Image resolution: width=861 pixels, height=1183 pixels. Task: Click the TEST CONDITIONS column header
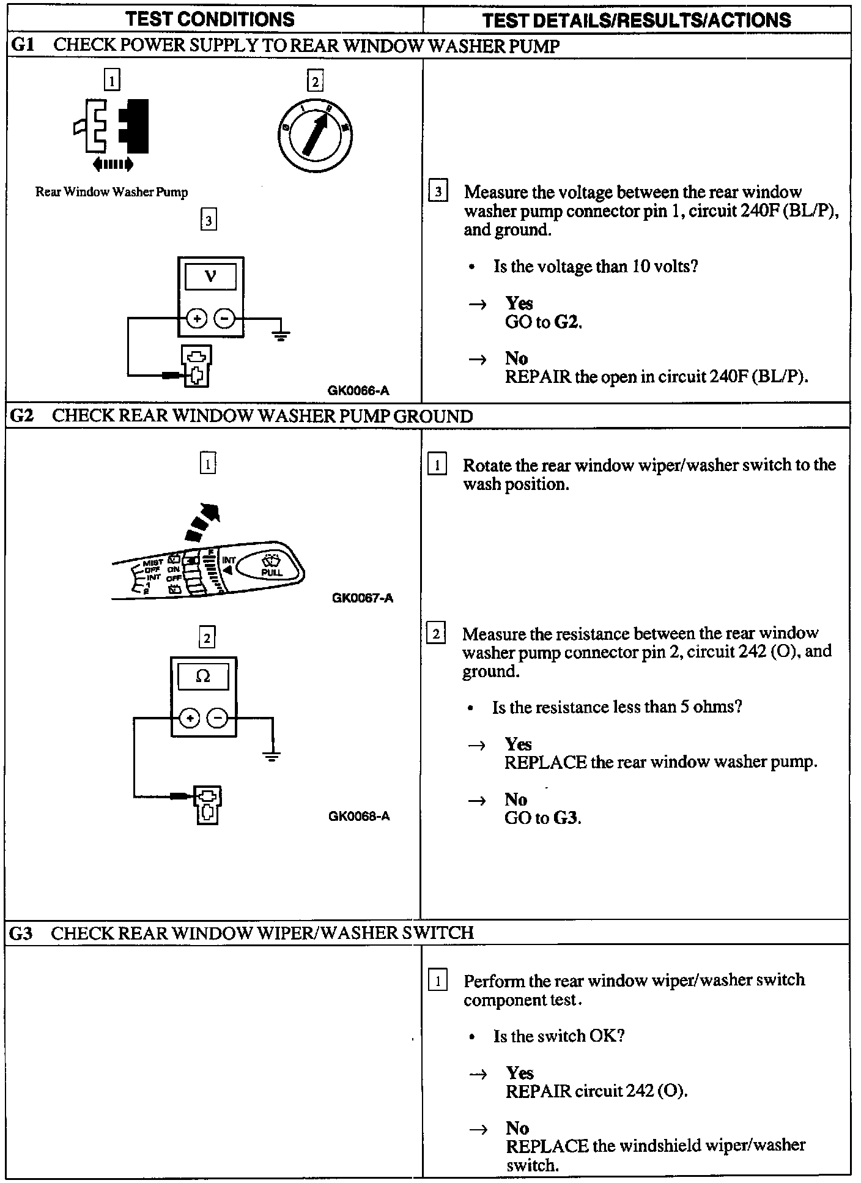pos(210,19)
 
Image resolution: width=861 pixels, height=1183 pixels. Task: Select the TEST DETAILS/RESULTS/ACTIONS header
pos(636,20)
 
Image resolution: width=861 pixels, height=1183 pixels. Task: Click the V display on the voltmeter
pos(210,276)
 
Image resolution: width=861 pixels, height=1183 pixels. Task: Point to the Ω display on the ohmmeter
pos(203,677)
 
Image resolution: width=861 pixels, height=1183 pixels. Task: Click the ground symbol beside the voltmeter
pos(281,334)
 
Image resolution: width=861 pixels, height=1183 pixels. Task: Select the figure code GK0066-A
pos(358,390)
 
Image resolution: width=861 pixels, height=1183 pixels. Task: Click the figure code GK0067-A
pos(362,598)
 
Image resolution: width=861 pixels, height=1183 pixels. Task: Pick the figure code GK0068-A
pos(359,816)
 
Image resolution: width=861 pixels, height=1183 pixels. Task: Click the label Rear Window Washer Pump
pos(111,192)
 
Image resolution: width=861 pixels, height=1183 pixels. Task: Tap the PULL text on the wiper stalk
pos(272,573)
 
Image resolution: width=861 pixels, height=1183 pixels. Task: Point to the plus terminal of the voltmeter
pos(196,319)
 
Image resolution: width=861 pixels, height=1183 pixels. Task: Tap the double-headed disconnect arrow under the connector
pos(112,163)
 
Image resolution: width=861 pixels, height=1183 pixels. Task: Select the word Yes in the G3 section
pos(520,1072)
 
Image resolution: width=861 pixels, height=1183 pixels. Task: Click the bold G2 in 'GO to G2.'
pos(567,322)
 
